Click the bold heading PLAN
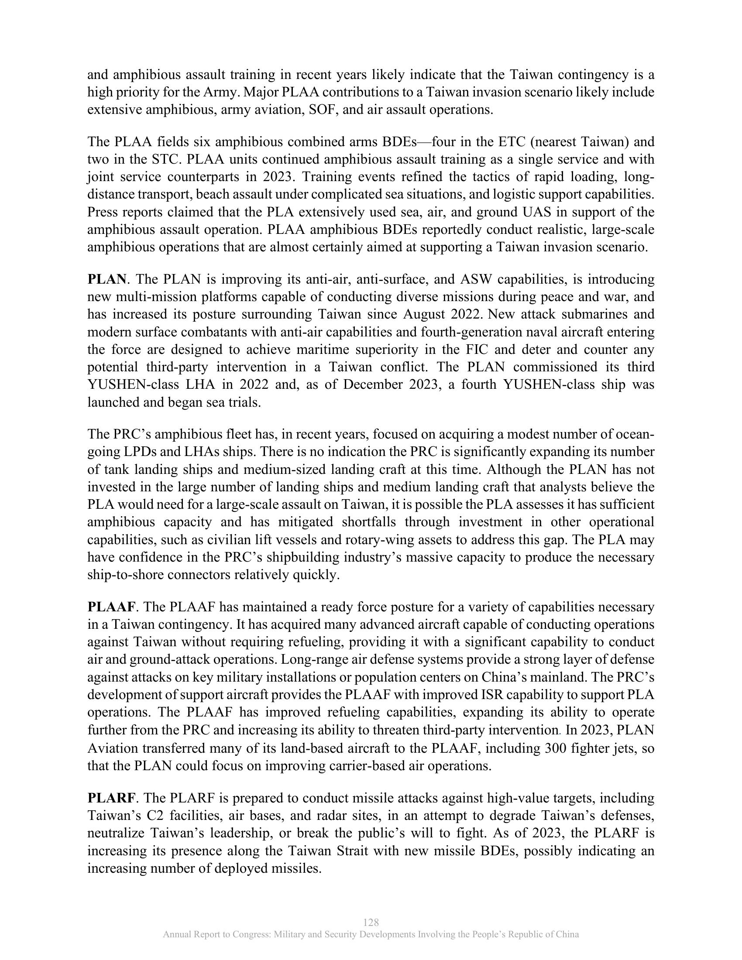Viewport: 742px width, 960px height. pos(106,280)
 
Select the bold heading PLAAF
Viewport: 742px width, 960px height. pos(111,607)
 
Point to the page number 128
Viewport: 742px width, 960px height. pos(371,922)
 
